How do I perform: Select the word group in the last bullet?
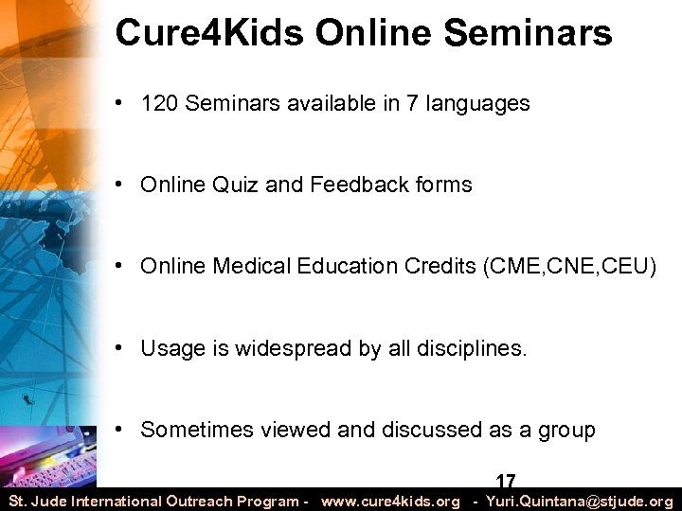566,431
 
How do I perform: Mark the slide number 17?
506,482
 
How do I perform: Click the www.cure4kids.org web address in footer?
390,501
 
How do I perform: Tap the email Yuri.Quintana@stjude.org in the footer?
579,501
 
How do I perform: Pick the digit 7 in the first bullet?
386,103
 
